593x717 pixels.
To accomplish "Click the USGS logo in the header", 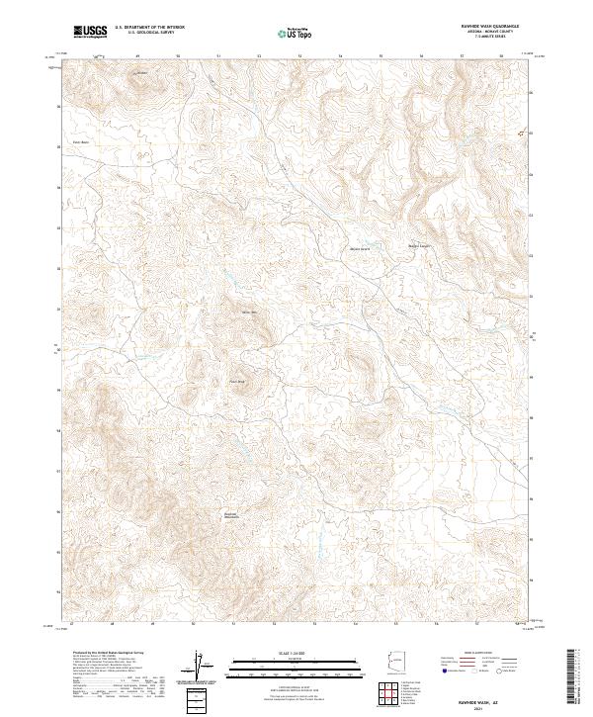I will [90, 33].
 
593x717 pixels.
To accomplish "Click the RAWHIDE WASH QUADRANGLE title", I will [493, 27].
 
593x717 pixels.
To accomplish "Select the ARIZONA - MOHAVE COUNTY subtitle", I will [493, 33].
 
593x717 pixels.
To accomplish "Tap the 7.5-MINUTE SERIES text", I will [493, 39].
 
